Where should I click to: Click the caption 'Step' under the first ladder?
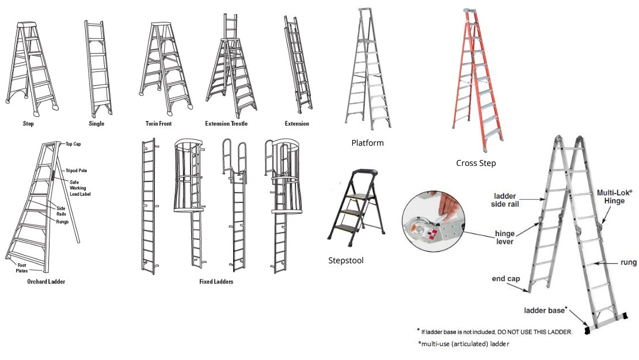[28, 124]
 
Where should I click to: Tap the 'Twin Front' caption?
[158, 124]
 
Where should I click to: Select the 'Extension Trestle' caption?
[226, 124]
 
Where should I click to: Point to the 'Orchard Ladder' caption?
[46, 282]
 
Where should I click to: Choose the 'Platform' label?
[367, 143]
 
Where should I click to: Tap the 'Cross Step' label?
[476, 163]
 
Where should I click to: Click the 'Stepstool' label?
[345, 260]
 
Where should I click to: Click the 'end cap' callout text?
[506, 279]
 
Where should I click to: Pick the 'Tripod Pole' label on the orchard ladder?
[75, 170]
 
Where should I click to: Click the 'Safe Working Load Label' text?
[81, 188]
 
